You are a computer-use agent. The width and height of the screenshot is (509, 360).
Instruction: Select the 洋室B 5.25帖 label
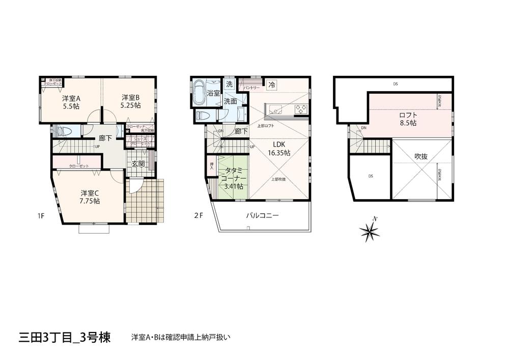pos(130,101)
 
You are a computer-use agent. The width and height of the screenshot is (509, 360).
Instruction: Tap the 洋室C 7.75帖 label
pos(90,197)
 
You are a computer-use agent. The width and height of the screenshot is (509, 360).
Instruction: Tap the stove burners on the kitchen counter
pos(301,108)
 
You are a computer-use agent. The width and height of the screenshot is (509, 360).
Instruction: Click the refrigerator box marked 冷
pos(272,85)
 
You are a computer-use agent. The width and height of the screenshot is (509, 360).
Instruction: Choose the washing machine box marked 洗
pos(229,84)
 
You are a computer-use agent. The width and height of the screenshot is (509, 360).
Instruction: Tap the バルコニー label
pos(262,215)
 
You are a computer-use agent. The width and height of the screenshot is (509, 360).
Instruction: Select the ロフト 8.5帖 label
pos(408,119)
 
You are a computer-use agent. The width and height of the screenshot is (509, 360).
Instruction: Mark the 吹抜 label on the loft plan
pos(421,156)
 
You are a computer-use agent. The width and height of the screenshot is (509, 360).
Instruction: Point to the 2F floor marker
pos(198,215)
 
